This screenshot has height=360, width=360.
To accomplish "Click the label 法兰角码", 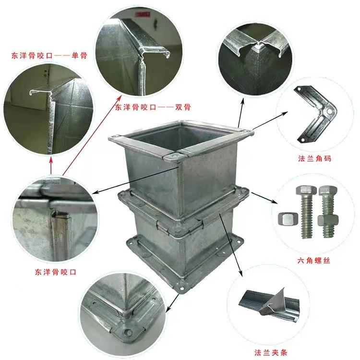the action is (x=314, y=158).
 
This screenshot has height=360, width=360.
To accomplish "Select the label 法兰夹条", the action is (x=271, y=352).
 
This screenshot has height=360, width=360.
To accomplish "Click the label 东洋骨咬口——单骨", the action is (x=49, y=56).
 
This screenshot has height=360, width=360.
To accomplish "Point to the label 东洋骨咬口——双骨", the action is (x=153, y=107).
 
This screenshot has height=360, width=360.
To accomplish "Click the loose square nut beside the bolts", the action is (x=288, y=218).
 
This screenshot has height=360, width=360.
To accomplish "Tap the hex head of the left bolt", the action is (x=305, y=191).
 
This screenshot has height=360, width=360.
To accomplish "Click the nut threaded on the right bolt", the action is (x=328, y=220).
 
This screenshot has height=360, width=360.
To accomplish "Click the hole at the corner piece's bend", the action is (x=329, y=112).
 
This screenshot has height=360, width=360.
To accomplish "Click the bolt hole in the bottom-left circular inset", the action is (x=126, y=332).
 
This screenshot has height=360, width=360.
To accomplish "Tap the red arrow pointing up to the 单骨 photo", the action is (x=51, y=166).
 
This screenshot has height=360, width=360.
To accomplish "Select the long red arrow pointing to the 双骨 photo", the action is (x=91, y=136).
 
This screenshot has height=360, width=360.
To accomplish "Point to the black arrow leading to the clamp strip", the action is (x=231, y=244).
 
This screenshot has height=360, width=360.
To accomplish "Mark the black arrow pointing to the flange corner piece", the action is (x=270, y=120).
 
